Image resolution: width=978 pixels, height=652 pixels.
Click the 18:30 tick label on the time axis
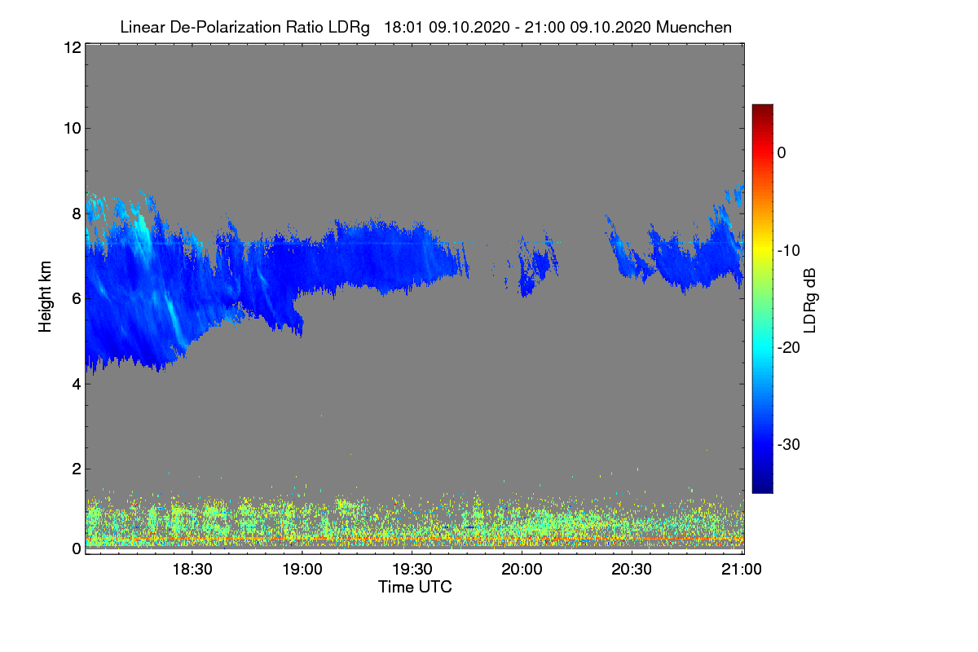tap(192, 569)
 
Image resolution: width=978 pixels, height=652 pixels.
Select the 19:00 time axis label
tap(302, 569)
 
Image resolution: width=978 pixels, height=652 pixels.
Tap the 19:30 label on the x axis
tap(412, 569)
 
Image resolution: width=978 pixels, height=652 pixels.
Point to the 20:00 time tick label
tap(522, 569)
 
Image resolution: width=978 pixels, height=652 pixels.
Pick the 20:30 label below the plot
tap(632, 569)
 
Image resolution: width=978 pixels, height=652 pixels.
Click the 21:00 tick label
tap(742, 569)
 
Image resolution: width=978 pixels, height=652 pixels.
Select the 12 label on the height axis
tap(73, 47)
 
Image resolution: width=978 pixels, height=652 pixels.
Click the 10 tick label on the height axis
tap(73, 129)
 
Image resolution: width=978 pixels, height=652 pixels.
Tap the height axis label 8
tap(77, 214)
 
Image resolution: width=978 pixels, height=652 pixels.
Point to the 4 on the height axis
tap(77, 385)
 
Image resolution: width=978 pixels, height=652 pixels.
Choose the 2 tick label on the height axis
tap(77, 469)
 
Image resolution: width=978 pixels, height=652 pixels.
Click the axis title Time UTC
tap(415, 587)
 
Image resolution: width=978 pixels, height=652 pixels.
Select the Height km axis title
tap(45, 297)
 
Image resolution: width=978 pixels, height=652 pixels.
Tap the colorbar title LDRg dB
tap(809, 301)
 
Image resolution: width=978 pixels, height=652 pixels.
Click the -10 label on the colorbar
tap(789, 251)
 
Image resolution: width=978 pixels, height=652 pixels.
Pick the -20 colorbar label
tap(789, 348)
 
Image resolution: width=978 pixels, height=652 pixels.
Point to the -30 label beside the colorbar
tap(789, 444)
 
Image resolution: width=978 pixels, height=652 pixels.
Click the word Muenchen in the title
tap(694, 27)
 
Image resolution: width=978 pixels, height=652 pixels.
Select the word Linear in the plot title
tap(143, 27)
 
